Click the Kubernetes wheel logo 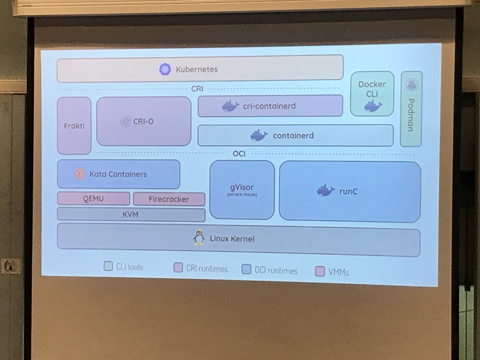click(164, 69)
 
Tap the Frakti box click(74, 126)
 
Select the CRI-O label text click(142, 121)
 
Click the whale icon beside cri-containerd click(230, 106)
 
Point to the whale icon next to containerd click(259, 136)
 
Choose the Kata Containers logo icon click(80, 174)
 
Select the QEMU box click(93, 198)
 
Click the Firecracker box click(169, 199)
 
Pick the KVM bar click(131, 214)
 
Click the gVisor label click(242, 187)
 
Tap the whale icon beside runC click(326, 191)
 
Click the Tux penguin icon click(199, 237)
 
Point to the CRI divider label click(197, 89)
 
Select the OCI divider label click(239, 154)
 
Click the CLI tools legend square click(108, 266)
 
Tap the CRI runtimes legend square click(178, 268)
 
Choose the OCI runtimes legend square click(246, 270)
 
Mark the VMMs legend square click(320, 271)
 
